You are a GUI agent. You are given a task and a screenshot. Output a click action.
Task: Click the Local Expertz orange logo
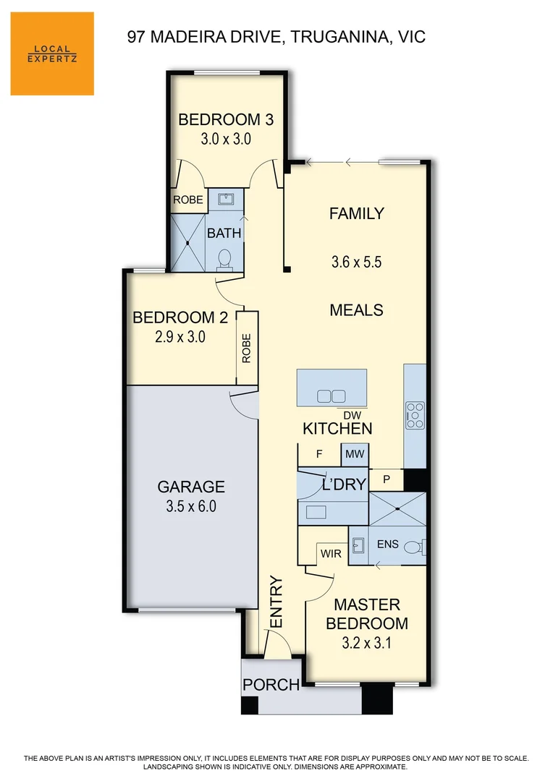[52, 54]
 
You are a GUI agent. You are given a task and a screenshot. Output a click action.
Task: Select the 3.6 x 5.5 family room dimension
[356, 262]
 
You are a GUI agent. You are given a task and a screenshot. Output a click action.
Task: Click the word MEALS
[356, 310]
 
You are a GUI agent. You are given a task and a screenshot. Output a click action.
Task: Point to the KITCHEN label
[337, 428]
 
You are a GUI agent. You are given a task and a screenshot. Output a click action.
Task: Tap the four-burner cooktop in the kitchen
[415, 416]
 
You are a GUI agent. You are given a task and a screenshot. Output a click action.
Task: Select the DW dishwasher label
[352, 414]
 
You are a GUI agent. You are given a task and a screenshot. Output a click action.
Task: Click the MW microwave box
[354, 455]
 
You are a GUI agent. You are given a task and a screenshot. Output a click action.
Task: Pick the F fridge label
[318, 455]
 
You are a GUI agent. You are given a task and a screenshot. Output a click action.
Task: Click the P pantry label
[387, 479]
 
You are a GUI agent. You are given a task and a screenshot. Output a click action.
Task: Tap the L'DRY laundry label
[343, 485]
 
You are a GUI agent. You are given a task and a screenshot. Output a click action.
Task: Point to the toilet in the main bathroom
[224, 258]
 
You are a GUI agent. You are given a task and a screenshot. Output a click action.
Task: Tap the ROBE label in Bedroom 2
[247, 348]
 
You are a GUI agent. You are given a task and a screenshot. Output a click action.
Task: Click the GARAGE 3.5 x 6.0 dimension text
[192, 506]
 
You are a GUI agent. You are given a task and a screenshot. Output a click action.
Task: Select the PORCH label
[271, 685]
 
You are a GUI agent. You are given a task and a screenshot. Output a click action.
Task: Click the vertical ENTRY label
[276, 602]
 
